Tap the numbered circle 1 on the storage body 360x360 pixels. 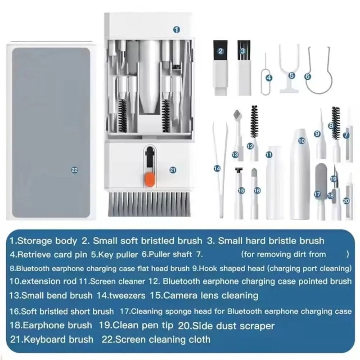[x=176, y=29]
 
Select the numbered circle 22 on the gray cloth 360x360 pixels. [x=75, y=170]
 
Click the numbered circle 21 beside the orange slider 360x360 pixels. [x=173, y=170]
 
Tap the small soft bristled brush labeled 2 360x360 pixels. [x=220, y=67]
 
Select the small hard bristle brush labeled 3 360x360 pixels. [x=243, y=67]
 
